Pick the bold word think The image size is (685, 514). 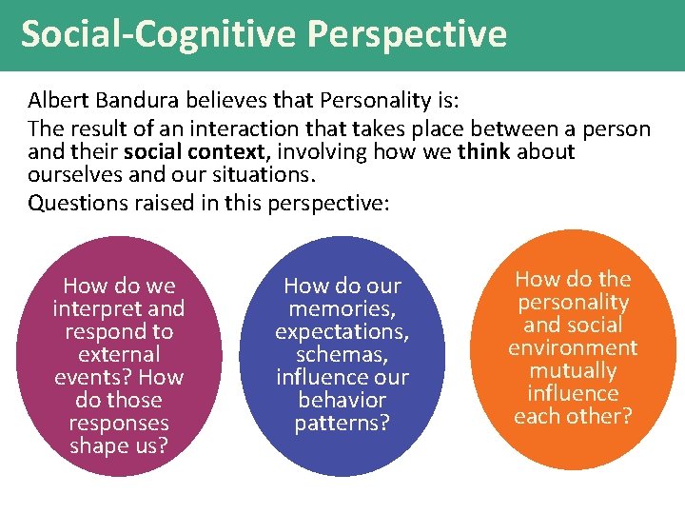point(483,152)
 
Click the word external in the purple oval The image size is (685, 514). point(119,354)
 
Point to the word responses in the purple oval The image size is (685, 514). point(119,423)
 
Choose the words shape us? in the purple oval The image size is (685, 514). point(119,445)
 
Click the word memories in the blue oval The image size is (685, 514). point(342,308)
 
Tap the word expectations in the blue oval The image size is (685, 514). point(342,331)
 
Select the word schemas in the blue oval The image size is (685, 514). point(342,354)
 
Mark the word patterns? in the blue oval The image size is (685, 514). point(342,423)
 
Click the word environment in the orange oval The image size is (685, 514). point(573,347)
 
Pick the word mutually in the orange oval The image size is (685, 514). point(573,370)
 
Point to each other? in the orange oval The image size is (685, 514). point(573,416)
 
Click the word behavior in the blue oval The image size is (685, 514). point(342,400)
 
